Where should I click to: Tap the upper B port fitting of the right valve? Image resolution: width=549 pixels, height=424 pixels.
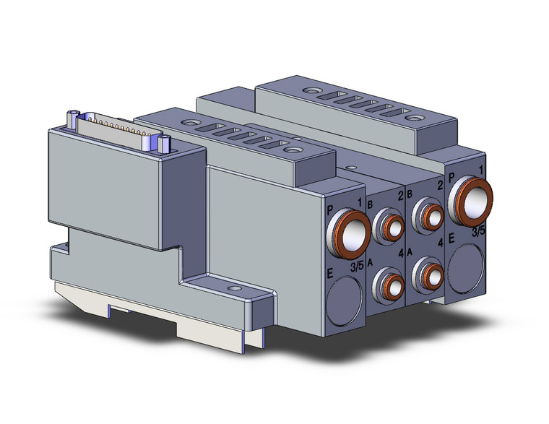[432, 214]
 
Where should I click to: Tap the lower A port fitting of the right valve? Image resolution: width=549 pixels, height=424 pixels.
[431, 273]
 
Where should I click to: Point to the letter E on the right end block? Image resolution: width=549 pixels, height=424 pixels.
[451, 237]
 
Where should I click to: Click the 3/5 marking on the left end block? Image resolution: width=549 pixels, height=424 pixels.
[357, 267]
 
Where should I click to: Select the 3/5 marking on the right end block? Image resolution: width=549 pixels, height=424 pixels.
[478, 232]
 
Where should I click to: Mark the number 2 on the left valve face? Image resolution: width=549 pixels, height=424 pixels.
[399, 196]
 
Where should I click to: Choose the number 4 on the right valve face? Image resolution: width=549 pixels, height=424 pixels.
[440, 241]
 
